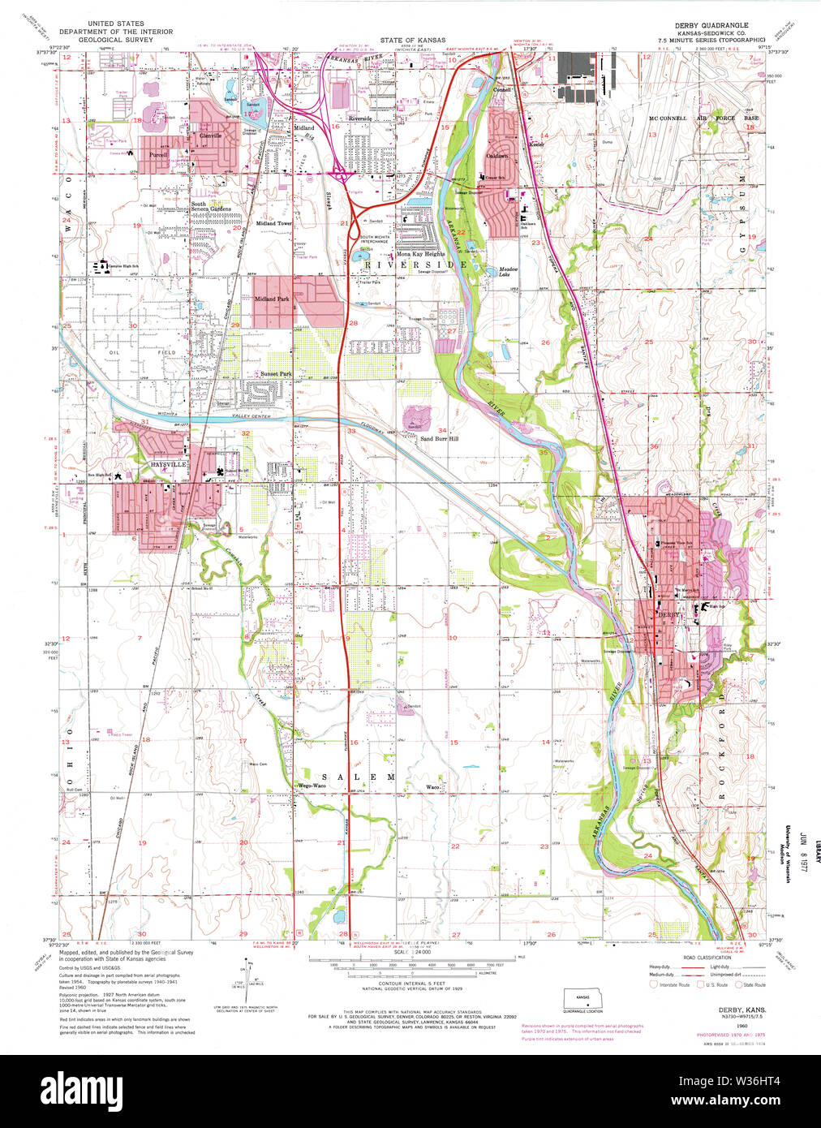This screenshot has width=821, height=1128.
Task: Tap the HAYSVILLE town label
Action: [169, 464]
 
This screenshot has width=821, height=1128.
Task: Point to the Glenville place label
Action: [210, 136]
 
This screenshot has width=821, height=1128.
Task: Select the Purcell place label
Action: [158, 154]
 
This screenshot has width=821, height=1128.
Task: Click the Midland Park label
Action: [272, 299]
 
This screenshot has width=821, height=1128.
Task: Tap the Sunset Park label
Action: [276, 374]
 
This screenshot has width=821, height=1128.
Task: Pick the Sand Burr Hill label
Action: [439, 438]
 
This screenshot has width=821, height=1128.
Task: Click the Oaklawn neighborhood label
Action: [497, 156]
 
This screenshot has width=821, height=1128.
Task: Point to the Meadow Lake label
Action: [508, 272]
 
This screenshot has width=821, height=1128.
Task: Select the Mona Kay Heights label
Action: [420, 254]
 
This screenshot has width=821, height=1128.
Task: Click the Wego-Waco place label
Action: [312, 786]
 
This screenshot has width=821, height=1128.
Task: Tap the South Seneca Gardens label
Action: [211, 206]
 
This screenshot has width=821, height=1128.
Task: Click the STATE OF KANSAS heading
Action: [412, 40]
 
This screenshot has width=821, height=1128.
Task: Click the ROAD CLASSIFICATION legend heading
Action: [707, 958]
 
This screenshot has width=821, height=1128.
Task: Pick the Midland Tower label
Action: [273, 223]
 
